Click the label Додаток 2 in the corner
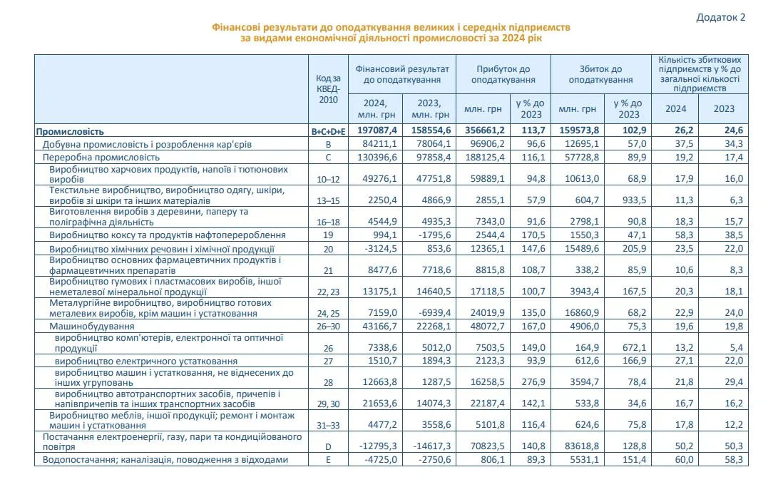[720, 18]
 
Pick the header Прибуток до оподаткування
[503, 75]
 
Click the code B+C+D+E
[328, 131]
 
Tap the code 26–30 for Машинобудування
[328, 327]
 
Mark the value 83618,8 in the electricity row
[578, 446]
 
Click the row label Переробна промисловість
[101, 157]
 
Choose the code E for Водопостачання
[328, 460]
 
